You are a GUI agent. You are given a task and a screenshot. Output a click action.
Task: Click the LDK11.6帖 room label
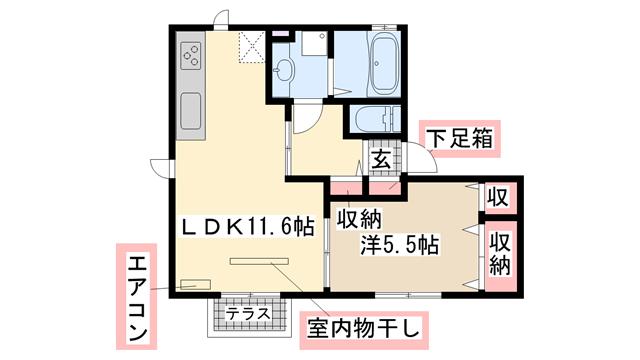pyautogui.click(x=248, y=227)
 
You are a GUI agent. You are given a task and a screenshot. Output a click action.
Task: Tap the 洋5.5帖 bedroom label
pyautogui.click(x=399, y=246)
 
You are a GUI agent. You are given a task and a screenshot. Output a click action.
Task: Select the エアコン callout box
pyautogui.click(x=137, y=297)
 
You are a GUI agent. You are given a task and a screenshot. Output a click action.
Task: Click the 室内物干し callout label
pyautogui.click(x=364, y=331)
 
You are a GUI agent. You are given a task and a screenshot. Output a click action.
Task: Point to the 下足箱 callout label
pyautogui.click(x=460, y=139)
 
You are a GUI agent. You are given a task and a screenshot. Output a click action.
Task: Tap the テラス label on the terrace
pyautogui.click(x=249, y=313)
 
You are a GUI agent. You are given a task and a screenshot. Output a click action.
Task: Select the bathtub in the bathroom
pyautogui.click(x=384, y=64)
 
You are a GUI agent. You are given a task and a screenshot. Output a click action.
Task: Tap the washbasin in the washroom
pyautogui.click(x=283, y=71)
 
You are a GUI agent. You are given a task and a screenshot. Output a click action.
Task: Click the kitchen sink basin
pyautogui.click(x=191, y=111)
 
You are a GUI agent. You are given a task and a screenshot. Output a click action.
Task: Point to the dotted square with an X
pyautogui.click(x=251, y=48)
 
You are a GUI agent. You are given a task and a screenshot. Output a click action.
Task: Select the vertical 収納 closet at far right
pyautogui.click(x=500, y=255)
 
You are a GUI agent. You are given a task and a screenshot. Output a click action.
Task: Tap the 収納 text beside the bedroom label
pyautogui.click(x=359, y=220)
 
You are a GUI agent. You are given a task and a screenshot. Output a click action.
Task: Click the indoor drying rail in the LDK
pyautogui.click(x=259, y=261)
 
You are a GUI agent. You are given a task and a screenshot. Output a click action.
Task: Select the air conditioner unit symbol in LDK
pyautogui.click(x=196, y=284)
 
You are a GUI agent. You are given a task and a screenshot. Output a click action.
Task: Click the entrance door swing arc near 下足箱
pyautogui.click(x=427, y=152)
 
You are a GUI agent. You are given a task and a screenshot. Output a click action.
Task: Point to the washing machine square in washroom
pyautogui.click(x=314, y=44)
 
